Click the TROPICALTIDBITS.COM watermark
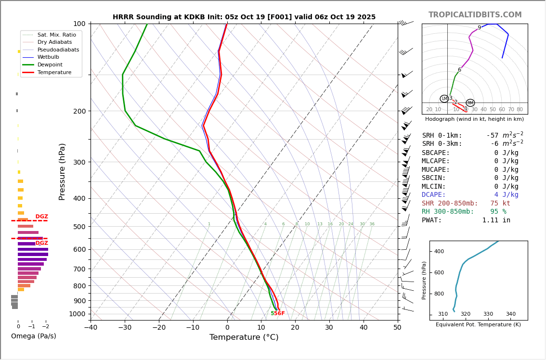coord(475,15)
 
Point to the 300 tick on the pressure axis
coord(79,162)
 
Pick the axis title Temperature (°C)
coord(244,337)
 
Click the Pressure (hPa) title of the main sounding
coord(62,171)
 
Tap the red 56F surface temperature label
coord(279,314)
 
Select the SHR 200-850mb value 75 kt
coord(500,204)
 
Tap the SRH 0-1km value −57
coord(492,136)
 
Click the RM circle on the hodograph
coord(470,103)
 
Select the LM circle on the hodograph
coord(444,99)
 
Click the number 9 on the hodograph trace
coord(479,28)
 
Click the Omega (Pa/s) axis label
coord(34,336)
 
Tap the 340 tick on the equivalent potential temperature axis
coord(510,314)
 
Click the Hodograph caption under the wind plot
coord(474,119)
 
